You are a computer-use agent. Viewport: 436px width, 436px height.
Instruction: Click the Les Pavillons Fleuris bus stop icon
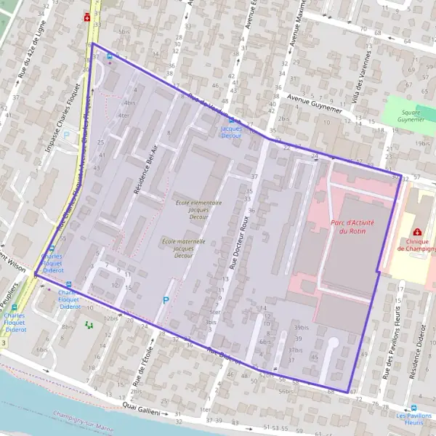414,408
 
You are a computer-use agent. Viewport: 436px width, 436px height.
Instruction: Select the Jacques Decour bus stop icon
231,119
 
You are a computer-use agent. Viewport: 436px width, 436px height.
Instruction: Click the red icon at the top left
87,17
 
